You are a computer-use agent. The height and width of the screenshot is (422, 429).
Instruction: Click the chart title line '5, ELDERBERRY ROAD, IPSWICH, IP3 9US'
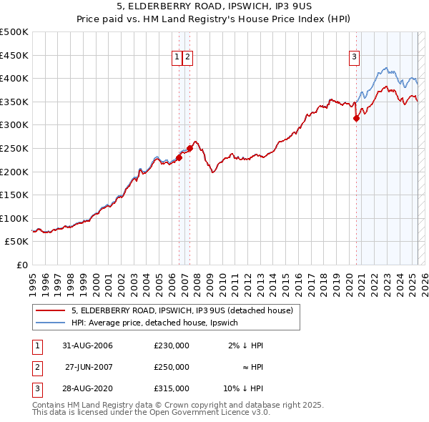tap(214, 6)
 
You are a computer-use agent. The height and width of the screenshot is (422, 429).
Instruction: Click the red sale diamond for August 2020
tap(356, 119)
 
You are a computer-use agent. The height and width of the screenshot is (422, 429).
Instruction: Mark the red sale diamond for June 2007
tap(189, 149)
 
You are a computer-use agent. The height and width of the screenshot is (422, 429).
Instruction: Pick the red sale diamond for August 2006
tap(179, 158)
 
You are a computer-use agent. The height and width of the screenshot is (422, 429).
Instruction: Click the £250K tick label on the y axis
tap(14, 148)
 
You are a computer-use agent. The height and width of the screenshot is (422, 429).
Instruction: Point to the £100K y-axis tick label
tap(14, 218)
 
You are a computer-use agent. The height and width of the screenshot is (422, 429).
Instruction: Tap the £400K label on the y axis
tap(14, 78)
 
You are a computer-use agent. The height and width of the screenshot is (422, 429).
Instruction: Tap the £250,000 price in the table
tap(171, 367)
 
